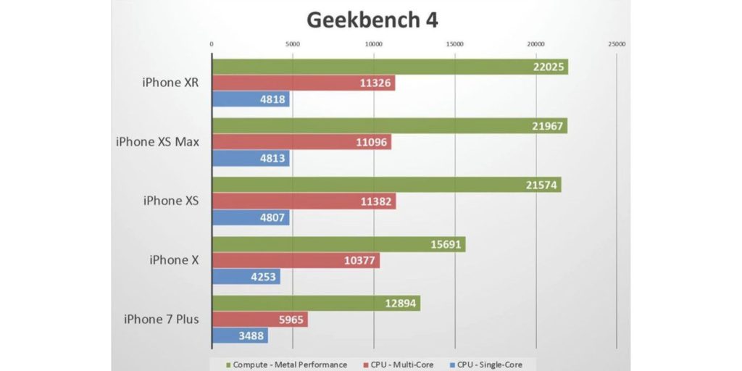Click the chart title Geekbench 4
tap(372, 20)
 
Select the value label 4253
tap(262, 277)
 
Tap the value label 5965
tap(289, 320)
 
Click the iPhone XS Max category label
tap(157, 141)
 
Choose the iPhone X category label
tap(174, 259)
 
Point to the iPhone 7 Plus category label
tap(161, 319)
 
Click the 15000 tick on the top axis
tap(454, 44)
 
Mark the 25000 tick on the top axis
tap(617, 44)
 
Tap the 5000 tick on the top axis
tap(292, 44)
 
